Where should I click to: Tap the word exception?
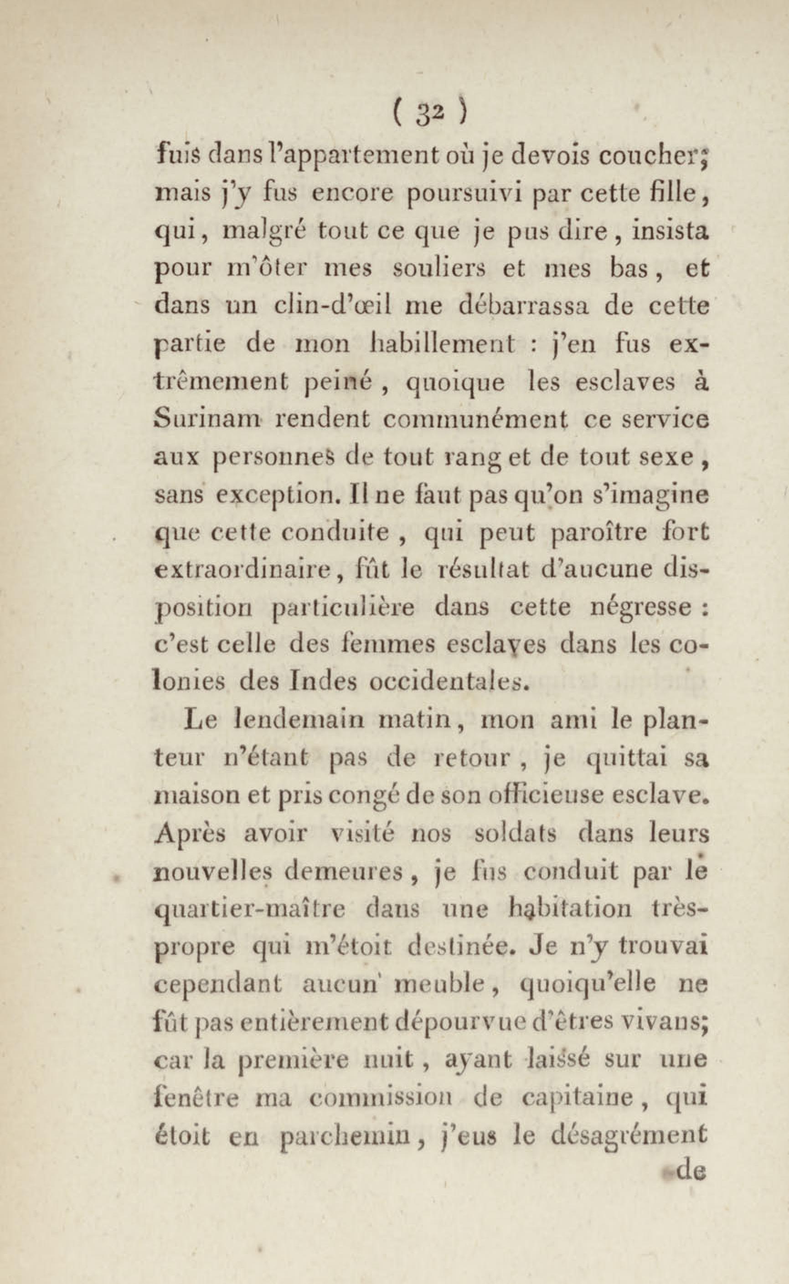(278, 495)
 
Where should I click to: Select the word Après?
(191, 833)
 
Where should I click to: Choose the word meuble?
(441, 984)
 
